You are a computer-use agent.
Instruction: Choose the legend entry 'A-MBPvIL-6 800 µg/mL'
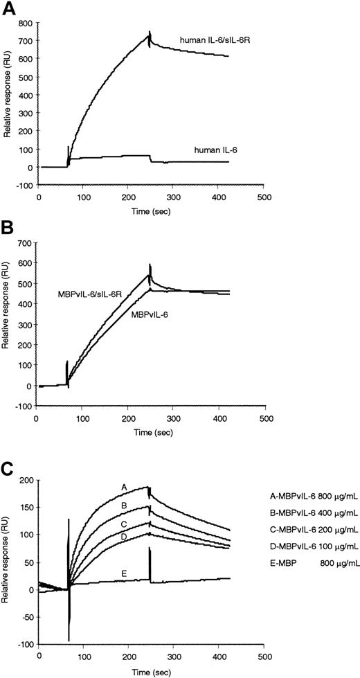(x=313, y=496)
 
